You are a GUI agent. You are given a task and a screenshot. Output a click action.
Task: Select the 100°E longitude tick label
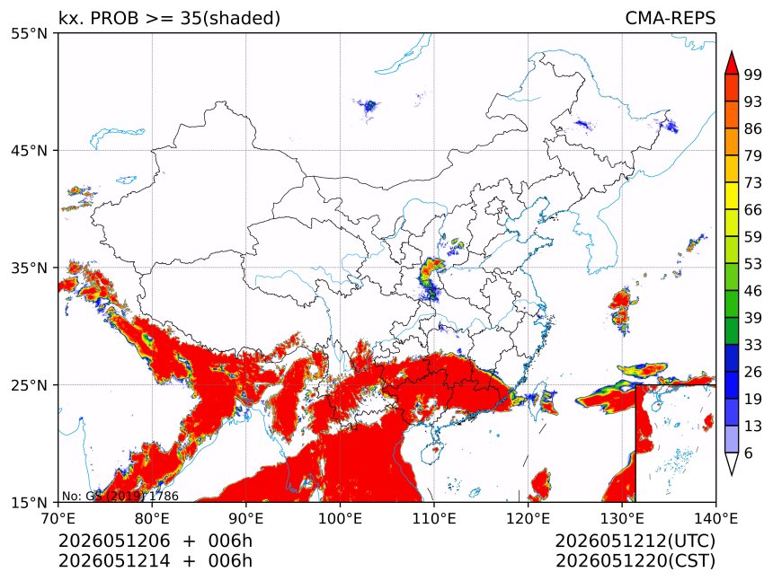340,518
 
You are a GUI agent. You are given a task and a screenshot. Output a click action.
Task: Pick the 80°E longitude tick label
152,518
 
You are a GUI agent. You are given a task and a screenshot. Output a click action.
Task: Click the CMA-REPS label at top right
670,18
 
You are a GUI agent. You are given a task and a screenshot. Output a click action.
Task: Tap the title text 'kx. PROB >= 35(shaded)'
170,18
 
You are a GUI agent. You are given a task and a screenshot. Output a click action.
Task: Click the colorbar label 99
753,75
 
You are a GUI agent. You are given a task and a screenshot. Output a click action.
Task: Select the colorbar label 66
753,210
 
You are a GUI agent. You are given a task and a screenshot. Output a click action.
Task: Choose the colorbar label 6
749,453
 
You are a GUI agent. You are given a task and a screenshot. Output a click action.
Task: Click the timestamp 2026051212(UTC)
635,541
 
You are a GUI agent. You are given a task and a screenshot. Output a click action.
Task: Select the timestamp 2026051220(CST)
635,561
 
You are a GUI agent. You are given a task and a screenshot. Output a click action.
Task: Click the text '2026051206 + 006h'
155,541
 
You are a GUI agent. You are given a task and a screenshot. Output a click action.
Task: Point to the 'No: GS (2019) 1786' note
120,496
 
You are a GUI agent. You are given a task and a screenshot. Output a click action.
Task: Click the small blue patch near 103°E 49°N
369,106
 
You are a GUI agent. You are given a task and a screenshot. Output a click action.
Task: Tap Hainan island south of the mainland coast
431,452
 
